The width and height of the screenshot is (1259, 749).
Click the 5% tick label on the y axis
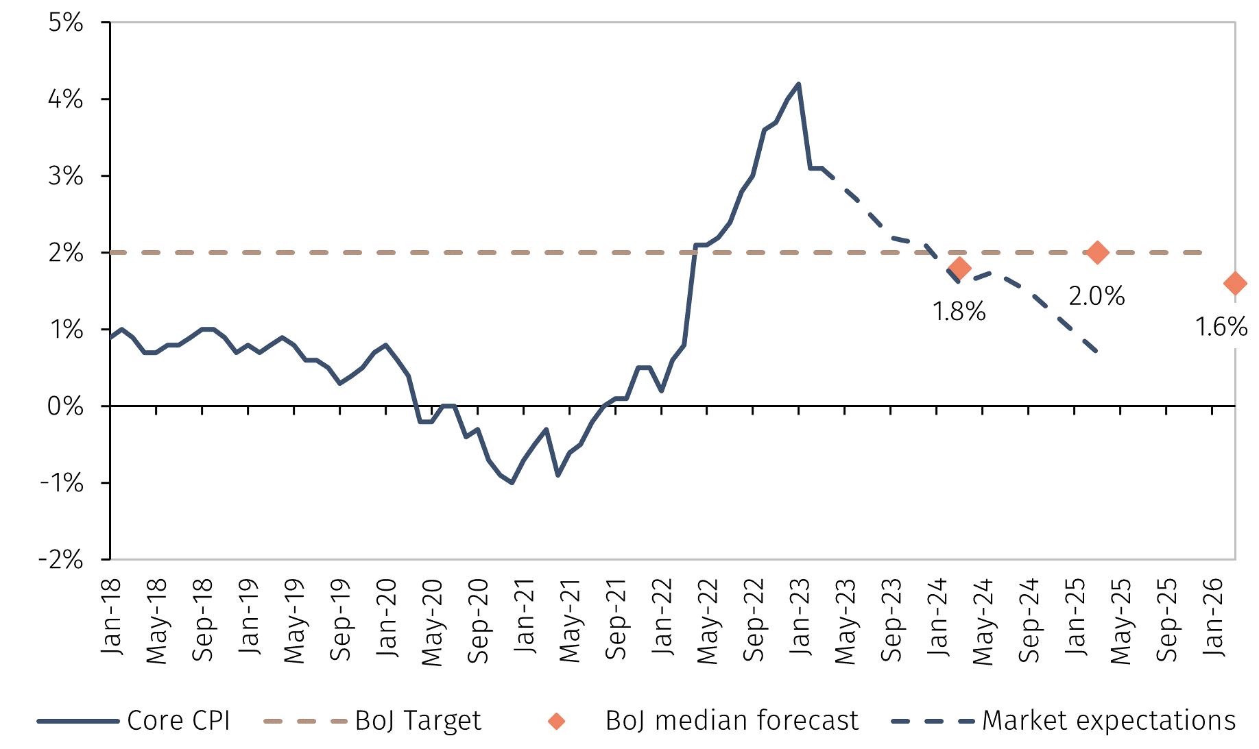coord(66,23)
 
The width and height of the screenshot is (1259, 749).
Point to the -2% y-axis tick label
coord(61,560)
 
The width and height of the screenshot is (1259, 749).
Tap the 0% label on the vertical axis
coord(66,406)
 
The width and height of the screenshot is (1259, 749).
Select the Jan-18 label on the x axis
coord(110,616)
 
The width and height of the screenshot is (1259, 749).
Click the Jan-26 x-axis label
coord(1213,616)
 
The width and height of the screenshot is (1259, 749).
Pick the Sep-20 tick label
coord(478,621)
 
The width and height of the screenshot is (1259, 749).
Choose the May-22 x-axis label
coord(707,621)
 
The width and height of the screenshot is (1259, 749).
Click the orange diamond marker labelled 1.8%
coord(959,268)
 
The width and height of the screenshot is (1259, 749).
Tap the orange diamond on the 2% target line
coord(1097,252)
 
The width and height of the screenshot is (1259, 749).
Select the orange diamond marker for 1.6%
coord(1234,283)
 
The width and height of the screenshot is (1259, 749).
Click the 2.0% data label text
coord(1096,296)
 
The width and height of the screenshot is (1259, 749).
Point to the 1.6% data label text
coord(1221,327)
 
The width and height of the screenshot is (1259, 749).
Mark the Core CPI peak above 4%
coord(798,84)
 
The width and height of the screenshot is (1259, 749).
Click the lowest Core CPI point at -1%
coord(512,482)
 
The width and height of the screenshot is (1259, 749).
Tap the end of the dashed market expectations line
coord(1098,352)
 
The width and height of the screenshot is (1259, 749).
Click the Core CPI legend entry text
coord(178,721)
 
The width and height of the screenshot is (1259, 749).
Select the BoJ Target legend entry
coord(418,721)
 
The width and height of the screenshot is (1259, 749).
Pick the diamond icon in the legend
coord(556,721)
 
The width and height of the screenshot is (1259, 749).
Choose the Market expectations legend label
coord(1108,721)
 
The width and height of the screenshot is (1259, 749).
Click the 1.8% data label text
coord(959,312)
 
